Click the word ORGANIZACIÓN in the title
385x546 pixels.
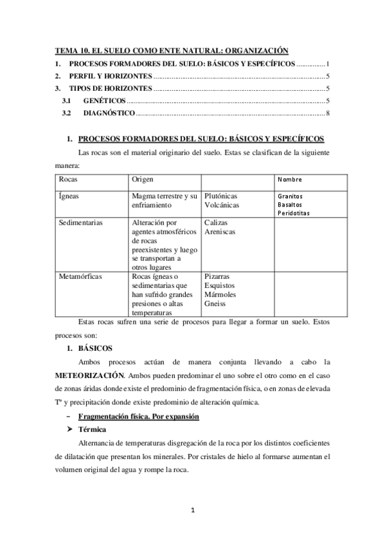click(x=254, y=50)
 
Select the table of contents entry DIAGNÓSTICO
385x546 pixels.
click(x=109, y=113)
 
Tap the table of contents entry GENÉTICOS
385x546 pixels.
click(x=104, y=101)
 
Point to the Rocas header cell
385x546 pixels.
click(x=68, y=178)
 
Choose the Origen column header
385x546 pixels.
click(x=143, y=178)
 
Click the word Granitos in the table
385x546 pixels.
click(x=291, y=196)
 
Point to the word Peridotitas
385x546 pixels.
click(x=294, y=212)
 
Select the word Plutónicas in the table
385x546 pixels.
click(x=220, y=194)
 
